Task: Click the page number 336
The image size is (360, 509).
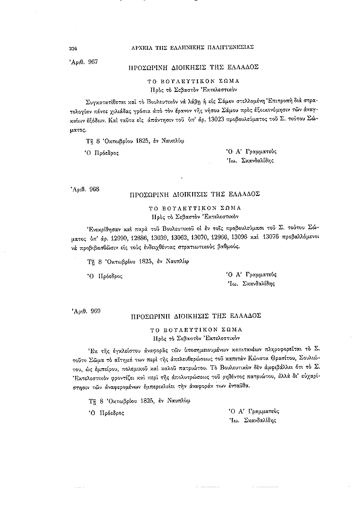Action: [74, 47]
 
